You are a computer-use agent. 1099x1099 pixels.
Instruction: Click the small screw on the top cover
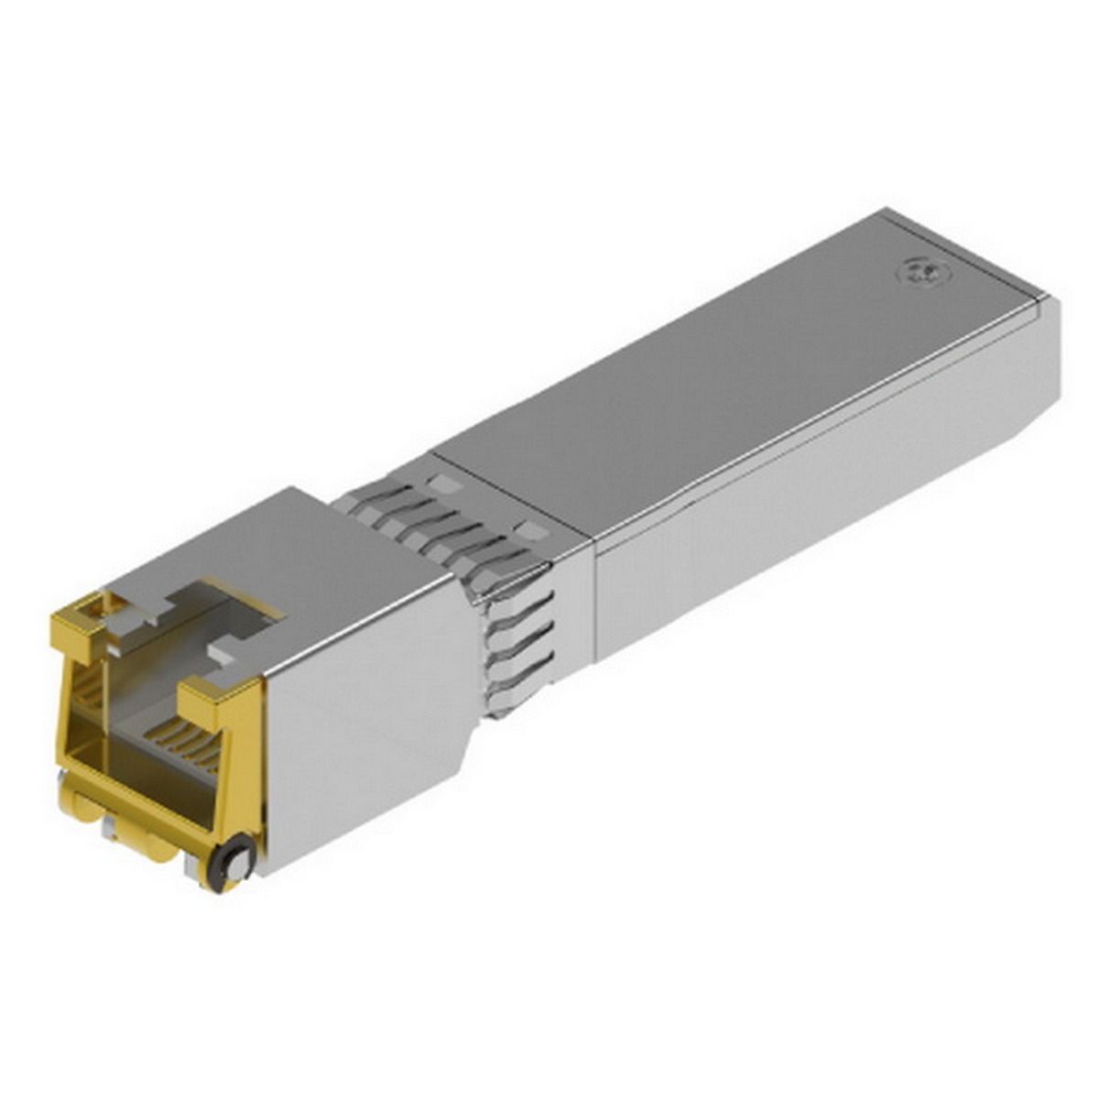(x=921, y=269)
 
